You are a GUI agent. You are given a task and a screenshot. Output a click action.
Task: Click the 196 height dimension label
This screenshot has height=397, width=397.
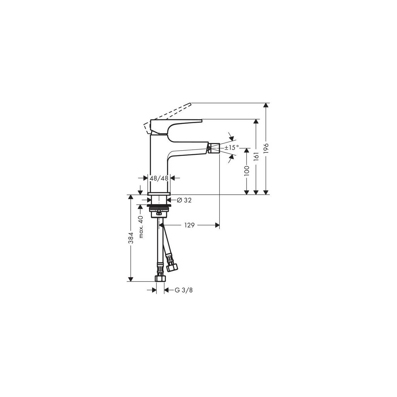[265, 148]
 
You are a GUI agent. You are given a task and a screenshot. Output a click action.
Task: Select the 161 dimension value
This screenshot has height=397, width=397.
[256, 156]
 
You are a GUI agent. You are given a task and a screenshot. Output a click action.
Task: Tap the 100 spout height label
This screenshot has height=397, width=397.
[246, 171]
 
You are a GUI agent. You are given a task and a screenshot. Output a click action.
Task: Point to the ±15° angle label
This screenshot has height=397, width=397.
[232, 147]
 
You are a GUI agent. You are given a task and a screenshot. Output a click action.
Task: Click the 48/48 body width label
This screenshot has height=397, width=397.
[159, 178]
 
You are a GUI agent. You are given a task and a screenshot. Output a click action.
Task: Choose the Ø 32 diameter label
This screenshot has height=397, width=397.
[184, 200]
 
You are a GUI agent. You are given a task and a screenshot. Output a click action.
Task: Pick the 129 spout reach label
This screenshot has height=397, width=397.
[189, 225]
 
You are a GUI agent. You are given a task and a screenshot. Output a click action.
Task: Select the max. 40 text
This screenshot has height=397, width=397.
[140, 227]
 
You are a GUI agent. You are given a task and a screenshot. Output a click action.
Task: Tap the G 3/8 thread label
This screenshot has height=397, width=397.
[183, 290]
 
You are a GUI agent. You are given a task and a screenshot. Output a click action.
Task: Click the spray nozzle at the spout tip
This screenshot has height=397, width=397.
[214, 148]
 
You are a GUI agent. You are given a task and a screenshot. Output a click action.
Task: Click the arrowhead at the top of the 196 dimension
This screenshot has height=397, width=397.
[265, 105]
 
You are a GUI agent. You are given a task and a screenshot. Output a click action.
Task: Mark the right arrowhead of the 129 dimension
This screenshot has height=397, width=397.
[217, 225]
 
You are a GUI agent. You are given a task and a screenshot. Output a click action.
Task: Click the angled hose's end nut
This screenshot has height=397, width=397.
[172, 267]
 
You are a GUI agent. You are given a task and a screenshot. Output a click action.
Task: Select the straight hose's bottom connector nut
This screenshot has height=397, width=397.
[160, 278]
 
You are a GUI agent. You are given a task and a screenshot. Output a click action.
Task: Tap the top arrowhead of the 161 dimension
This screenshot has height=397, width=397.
[256, 121]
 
